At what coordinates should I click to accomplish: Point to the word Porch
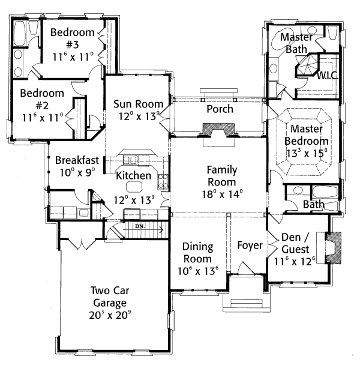coord(219,109)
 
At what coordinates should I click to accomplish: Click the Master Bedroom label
coord(308,135)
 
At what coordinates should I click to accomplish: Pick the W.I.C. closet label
coord(328,76)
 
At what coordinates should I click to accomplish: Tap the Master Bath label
coord(296,43)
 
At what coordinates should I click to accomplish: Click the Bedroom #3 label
coord(73,38)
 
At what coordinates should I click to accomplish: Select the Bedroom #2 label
coord(42,100)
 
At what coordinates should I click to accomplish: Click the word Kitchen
coord(134,176)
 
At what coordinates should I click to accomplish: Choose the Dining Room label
coord(197,252)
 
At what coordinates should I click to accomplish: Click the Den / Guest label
coord(295,243)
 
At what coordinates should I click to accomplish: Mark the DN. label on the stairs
coord(140,226)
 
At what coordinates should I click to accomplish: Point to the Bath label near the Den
coord(313,205)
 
